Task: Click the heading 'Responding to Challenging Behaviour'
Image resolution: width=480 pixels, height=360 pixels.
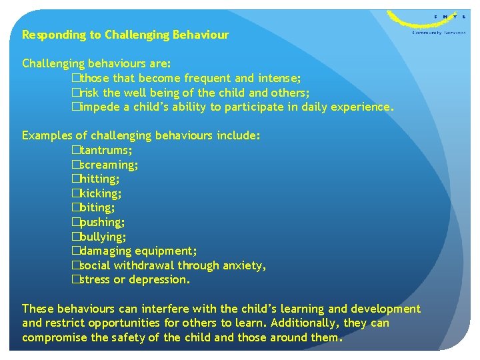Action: click(x=125, y=35)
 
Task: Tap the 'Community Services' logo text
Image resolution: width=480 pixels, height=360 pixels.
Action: click(x=439, y=32)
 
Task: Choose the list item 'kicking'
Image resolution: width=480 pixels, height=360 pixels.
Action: click(x=101, y=193)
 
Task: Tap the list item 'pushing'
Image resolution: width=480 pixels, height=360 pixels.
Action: click(x=102, y=222)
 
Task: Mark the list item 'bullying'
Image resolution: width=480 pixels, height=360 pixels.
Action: click(x=103, y=237)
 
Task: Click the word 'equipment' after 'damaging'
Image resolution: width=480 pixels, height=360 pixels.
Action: click(x=166, y=251)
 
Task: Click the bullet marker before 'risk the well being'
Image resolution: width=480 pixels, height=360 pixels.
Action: click(x=75, y=93)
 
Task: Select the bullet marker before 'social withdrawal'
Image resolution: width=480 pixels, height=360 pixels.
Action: click(x=75, y=266)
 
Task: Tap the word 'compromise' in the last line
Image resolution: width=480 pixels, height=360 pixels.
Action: click(x=53, y=337)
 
